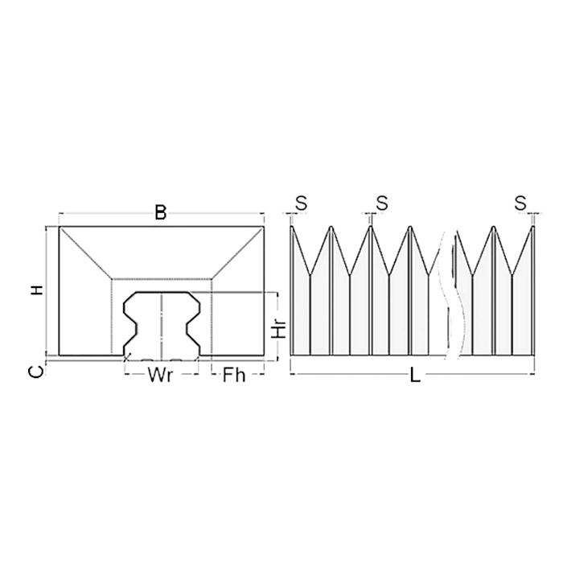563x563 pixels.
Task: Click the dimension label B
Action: point(161,212)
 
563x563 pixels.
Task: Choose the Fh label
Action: point(233,375)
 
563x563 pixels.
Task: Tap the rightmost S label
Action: point(521,202)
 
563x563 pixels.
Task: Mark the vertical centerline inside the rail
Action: point(162,326)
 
